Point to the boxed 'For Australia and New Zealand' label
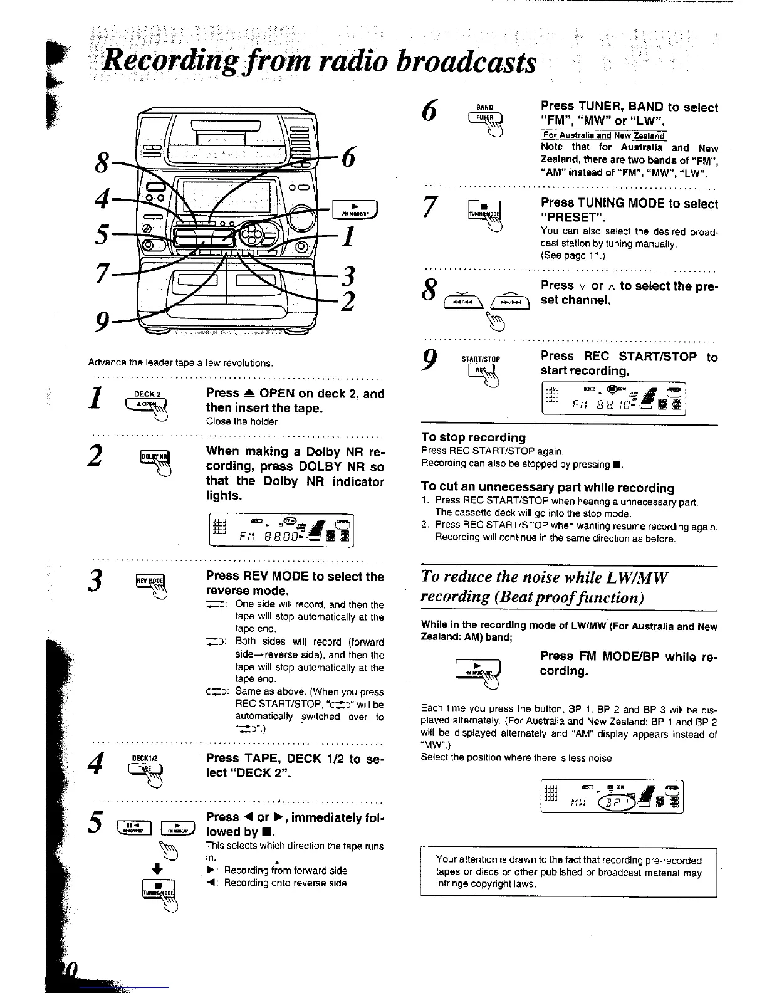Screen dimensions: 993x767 point(604,135)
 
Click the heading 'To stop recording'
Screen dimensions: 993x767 point(474,438)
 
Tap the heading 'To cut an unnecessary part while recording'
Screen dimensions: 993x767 point(548,488)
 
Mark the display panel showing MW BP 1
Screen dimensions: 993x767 point(612,796)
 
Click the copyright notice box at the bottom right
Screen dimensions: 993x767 point(568,872)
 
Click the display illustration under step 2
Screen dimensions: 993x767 point(281,530)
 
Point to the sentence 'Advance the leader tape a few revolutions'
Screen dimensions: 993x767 point(180,363)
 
